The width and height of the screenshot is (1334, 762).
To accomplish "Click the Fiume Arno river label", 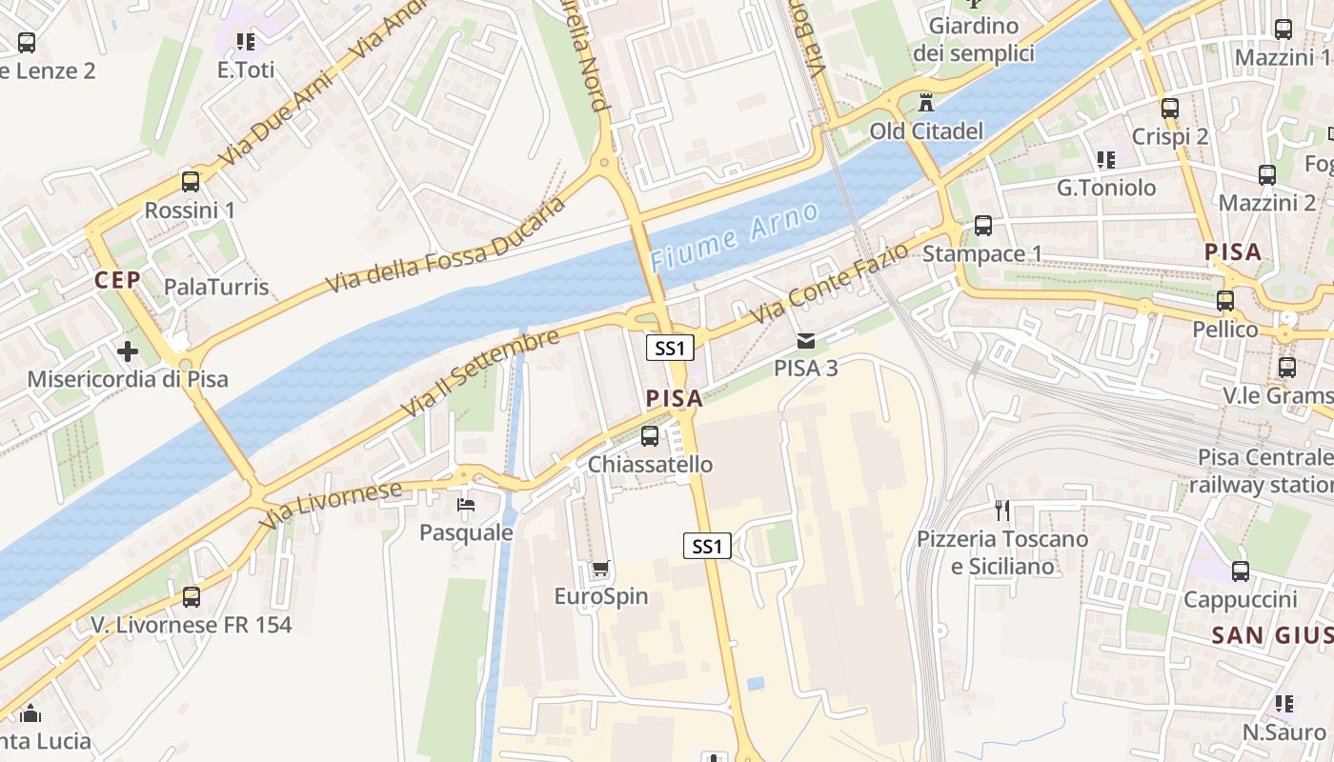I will [x=735, y=234].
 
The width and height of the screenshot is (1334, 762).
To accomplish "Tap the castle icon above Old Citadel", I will [x=925, y=102].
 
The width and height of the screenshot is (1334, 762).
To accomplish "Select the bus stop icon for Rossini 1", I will [x=191, y=181].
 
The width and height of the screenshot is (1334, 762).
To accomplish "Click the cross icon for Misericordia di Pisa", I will [x=128, y=351].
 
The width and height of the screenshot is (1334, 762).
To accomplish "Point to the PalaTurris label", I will [x=216, y=287].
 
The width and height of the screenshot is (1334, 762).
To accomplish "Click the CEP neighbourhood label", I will [x=117, y=279].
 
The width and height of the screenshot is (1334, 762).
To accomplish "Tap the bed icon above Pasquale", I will [x=466, y=504].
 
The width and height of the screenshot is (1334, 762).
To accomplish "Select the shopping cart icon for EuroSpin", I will [x=600, y=569].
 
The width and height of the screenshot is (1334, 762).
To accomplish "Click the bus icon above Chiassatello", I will [x=650, y=436].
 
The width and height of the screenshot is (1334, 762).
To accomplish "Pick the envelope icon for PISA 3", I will [x=806, y=340].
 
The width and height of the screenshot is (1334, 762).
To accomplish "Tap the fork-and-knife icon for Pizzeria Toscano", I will [x=1001, y=511].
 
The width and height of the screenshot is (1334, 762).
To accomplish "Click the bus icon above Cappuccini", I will [x=1240, y=571].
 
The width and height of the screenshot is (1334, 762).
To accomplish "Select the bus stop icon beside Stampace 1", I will [x=983, y=226].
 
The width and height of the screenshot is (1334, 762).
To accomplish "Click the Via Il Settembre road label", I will [x=480, y=374].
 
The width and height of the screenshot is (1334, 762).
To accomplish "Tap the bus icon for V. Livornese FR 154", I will [x=192, y=597].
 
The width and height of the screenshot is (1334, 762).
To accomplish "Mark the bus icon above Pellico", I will [x=1225, y=301].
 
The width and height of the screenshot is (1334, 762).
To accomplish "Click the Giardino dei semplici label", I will [x=974, y=39].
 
